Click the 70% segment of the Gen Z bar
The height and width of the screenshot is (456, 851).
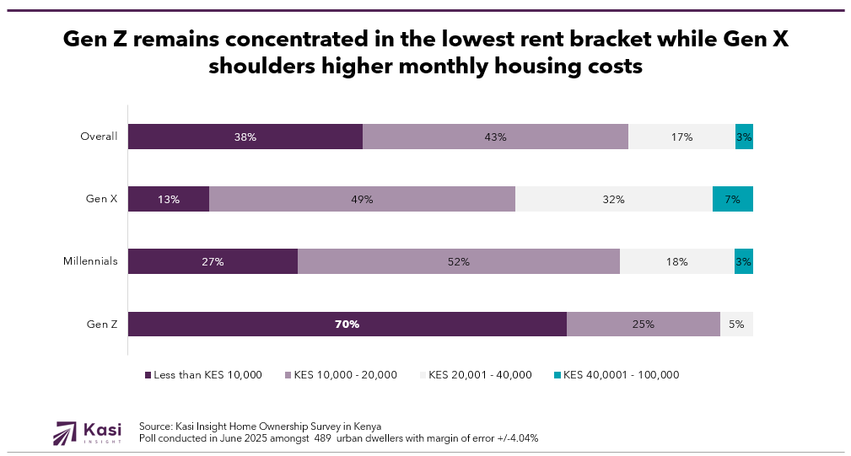click(347, 325)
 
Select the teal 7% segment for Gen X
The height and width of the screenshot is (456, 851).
click(732, 199)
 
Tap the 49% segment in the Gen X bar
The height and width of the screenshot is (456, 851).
click(362, 199)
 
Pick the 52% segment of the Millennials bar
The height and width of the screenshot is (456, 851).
click(458, 261)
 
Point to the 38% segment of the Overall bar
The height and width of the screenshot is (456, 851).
click(245, 137)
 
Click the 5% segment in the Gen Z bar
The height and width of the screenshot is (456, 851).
click(736, 325)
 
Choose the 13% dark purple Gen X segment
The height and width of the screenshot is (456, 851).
click(168, 199)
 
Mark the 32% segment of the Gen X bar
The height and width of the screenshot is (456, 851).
click(613, 199)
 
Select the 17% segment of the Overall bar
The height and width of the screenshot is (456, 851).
click(681, 137)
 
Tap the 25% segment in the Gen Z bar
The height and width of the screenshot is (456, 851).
click(643, 325)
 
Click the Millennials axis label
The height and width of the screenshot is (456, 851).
click(90, 261)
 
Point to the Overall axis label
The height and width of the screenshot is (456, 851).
click(99, 137)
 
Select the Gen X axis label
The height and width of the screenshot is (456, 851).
click(101, 199)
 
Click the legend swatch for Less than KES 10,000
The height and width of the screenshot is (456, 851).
click(148, 375)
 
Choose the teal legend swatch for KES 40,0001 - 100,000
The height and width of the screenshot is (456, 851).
click(557, 375)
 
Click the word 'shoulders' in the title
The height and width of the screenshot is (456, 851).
click(267, 67)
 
